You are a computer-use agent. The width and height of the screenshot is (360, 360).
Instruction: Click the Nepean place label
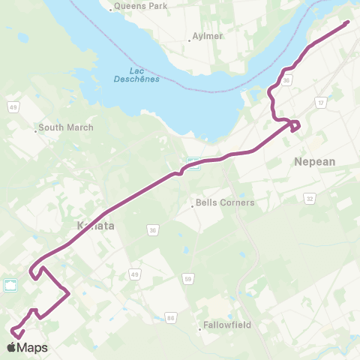pos(316,161)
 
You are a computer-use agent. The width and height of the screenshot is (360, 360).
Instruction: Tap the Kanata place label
pos(94,224)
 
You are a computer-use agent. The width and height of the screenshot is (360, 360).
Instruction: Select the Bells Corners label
pos(225,202)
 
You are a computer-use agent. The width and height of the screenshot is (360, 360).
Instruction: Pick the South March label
pos(66,127)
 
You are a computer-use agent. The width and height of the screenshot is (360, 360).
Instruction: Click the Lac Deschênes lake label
pos(136,76)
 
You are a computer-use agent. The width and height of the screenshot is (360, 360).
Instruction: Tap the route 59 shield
pos(188,277)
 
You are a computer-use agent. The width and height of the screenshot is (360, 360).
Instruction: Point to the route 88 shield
pos(171,318)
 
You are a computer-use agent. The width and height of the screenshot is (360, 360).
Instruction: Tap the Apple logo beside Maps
pos(11,347)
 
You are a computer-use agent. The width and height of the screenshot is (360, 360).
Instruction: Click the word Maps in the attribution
pos(32,348)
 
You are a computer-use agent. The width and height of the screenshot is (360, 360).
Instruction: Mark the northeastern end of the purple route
pos(348,22)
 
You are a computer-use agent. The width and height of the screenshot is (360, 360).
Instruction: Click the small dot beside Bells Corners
pos(193,202)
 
